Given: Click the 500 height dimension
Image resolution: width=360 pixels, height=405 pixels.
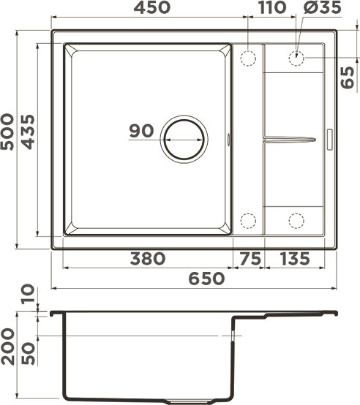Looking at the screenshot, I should click(10, 132).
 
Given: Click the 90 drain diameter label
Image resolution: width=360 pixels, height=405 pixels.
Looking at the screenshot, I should click(140, 132).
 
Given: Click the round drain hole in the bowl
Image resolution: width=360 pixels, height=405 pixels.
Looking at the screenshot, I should click(184, 138).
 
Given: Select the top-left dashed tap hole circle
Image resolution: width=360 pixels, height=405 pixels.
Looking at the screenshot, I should click(248, 57).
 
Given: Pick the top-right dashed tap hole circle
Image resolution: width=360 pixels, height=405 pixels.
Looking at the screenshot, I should click(297, 57).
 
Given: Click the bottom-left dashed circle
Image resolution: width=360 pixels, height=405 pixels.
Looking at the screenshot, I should click(248, 219).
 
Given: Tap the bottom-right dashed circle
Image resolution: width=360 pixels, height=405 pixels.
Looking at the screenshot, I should click(297, 219).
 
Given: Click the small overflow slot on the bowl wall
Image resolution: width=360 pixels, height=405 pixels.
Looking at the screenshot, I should click(231, 137).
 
